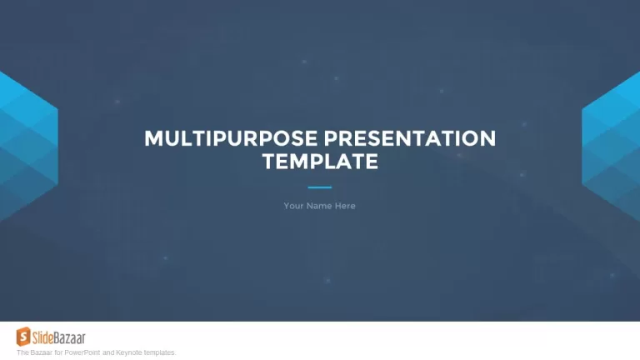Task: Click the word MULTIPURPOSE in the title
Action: pos(231,138)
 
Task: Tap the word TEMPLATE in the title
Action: pos(320,161)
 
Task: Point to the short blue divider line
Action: pos(320,187)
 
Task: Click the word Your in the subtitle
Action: pos(293,206)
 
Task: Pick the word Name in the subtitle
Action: pos(319,206)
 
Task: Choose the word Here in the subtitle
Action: pos(345,206)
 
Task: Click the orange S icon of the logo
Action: pos(23,337)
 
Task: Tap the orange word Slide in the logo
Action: pos(42,338)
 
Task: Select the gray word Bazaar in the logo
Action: pos(69,338)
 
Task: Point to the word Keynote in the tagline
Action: pos(128,352)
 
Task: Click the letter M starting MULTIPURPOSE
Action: pos(154,138)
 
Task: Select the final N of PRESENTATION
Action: pos(488,138)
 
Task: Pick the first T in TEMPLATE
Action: pos(269,161)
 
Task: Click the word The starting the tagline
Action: pos(22,352)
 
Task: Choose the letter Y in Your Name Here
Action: pos(287,206)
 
